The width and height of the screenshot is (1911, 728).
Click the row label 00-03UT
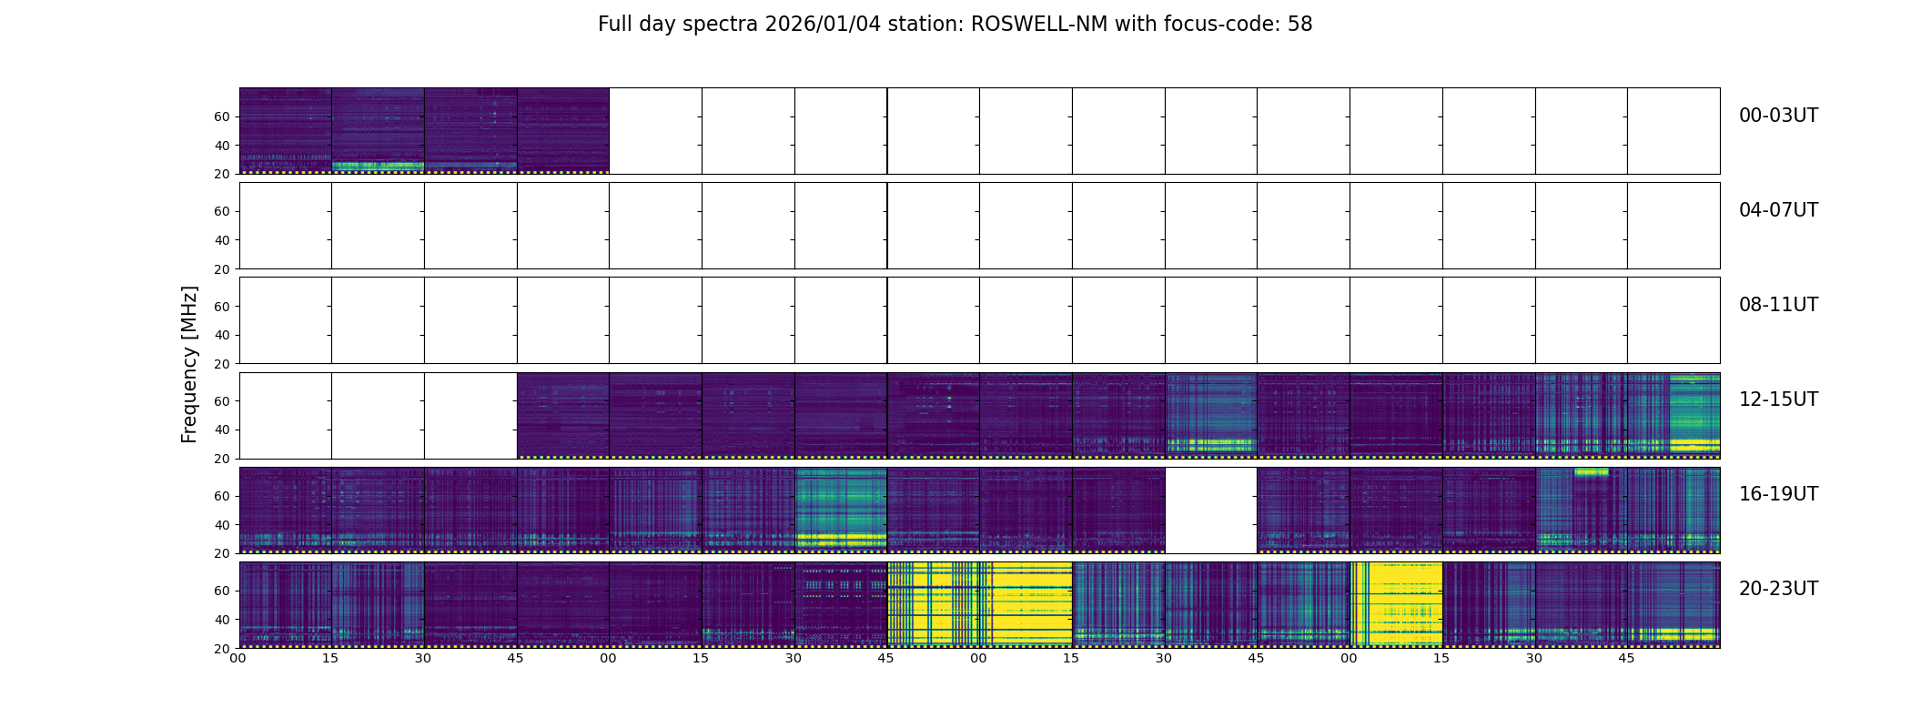click(1778, 116)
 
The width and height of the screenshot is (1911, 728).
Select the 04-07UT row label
click(1778, 210)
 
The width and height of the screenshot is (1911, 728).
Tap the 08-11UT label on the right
click(1778, 305)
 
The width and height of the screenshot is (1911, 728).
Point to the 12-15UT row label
click(1778, 399)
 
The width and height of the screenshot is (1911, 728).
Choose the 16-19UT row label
click(1778, 494)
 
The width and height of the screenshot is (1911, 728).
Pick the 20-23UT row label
click(1778, 589)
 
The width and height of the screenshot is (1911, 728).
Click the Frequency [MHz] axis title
click(189, 364)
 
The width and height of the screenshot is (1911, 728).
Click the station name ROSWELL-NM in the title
click(1039, 25)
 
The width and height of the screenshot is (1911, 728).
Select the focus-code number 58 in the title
click(1299, 25)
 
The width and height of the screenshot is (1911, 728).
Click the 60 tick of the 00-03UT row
click(222, 116)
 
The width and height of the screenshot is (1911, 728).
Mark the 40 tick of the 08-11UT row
click(222, 335)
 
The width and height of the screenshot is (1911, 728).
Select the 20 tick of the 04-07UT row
click(222, 269)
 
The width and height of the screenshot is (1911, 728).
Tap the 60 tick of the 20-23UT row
click(222, 591)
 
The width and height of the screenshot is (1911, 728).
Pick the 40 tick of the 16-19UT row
click(222, 525)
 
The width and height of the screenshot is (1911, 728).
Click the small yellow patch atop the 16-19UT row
click(1591, 471)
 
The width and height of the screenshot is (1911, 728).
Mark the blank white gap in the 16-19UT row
click(1210, 511)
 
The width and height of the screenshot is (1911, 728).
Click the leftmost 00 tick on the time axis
click(238, 658)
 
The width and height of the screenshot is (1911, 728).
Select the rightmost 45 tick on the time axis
click(1626, 658)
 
